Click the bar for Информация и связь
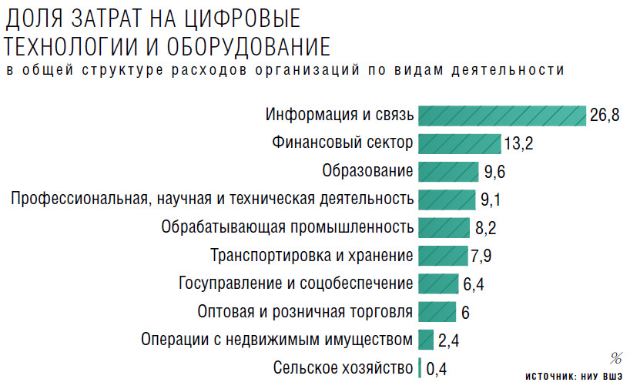pos(501,116)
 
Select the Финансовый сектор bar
pos(459,143)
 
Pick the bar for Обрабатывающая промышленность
pos(444,227)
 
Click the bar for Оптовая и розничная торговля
pos(437,311)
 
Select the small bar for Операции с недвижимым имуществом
pos(426,339)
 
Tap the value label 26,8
pos(605,116)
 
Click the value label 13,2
pos(518,144)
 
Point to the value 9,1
pos(491,200)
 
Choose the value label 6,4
pos(474,284)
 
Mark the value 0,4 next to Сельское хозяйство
pos(436,369)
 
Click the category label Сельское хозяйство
pos(343,368)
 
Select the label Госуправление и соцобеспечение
pos(296,283)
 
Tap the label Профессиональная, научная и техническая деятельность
pos(212,200)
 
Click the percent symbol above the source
pos(616,357)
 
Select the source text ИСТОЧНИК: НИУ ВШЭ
pos(575,377)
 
